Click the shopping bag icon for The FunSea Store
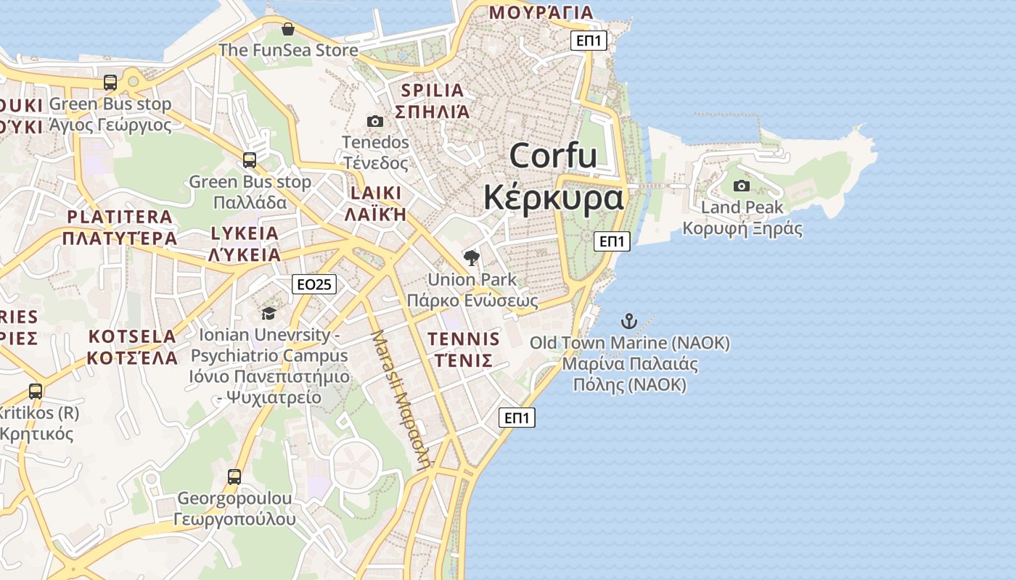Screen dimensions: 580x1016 coord(288,29)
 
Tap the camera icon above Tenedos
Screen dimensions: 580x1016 coord(375,121)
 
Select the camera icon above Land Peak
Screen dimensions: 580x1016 coord(742,186)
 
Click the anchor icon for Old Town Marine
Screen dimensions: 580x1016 coord(629,320)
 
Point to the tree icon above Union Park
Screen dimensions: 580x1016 coord(472,257)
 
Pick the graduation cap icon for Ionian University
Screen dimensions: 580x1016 coord(269,313)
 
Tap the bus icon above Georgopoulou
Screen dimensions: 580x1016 coord(234,477)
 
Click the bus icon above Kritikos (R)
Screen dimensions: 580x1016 coord(36,391)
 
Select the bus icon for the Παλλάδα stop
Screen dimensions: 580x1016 coord(250,160)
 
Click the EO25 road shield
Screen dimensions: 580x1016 coord(315,284)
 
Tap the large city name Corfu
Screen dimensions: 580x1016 coord(553,156)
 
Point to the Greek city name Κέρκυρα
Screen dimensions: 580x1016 coord(554,197)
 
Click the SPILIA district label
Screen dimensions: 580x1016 coord(432,91)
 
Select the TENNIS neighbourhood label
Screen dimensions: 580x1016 coord(464,339)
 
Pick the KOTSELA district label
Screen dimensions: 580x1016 coord(132,336)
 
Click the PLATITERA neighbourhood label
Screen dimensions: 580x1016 coord(120,217)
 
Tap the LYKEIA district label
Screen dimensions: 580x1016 coord(245,233)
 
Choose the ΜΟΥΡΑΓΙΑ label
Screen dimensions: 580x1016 coord(541,12)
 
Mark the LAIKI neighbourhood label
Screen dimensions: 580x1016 coord(375,193)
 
